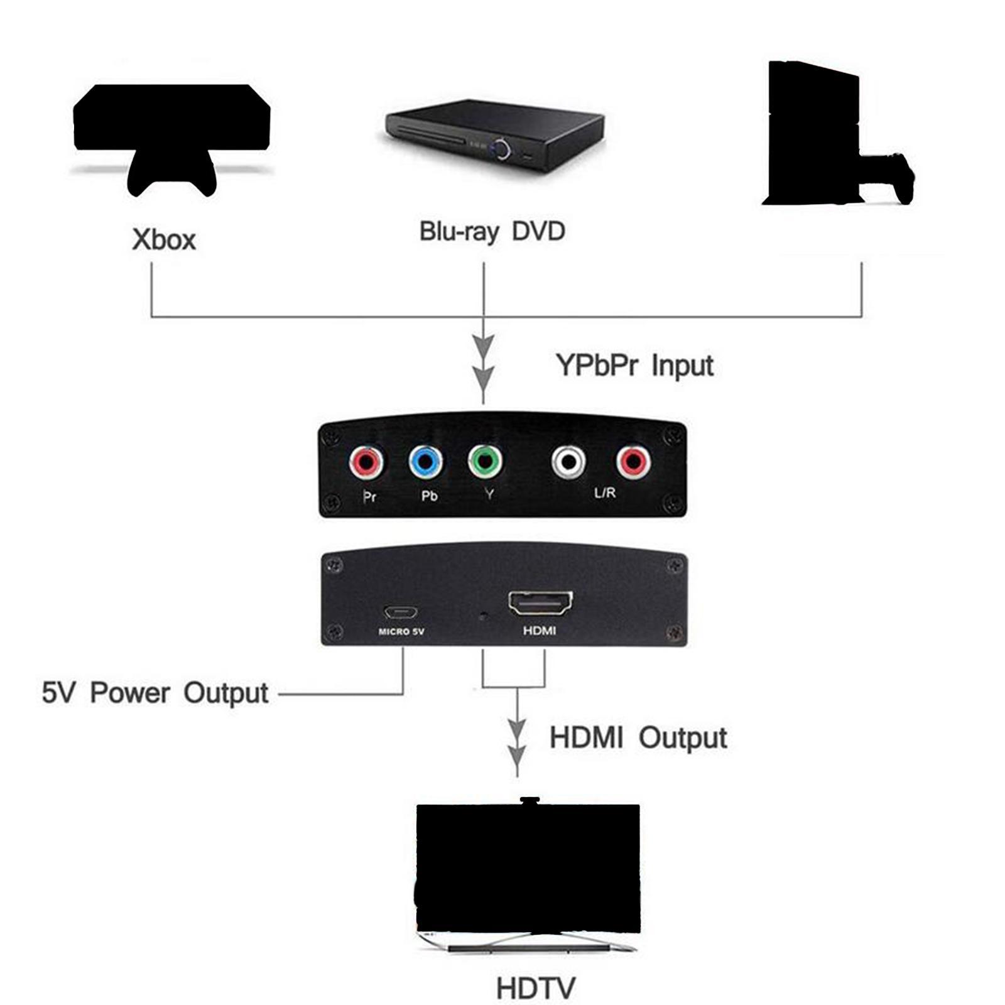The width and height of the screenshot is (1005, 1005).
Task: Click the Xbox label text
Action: pyautogui.click(x=164, y=240)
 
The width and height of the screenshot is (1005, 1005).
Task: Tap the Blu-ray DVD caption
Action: pyautogui.click(x=492, y=231)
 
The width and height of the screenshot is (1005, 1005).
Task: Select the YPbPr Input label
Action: pyautogui.click(x=634, y=365)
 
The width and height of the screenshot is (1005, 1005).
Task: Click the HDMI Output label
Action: pyautogui.click(x=638, y=738)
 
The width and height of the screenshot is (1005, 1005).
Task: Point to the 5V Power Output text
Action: pyautogui.click(x=155, y=693)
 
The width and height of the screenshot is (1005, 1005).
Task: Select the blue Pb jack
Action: pyautogui.click(x=425, y=463)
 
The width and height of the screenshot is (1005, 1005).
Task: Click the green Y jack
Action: pyautogui.click(x=486, y=462)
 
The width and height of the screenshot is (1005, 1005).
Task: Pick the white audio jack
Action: pyautogui.click(x=568, y=462)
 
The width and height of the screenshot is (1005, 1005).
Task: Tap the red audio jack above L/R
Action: pyautogui.click(x=633, y=462)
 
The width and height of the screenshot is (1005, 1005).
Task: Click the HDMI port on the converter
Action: pyautogui.click(x=540, y=604)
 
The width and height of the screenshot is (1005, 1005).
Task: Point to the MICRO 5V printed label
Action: pyautogui.click(x=401, y=631)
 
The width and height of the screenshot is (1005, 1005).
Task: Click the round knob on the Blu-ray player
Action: pyautogui.click(x=501, y=148)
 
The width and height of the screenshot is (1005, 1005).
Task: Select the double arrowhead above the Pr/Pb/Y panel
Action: pyautogui.click(x=483, y=364)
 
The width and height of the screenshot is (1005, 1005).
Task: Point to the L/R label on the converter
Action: pyautogui.click(x=605, y=493)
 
